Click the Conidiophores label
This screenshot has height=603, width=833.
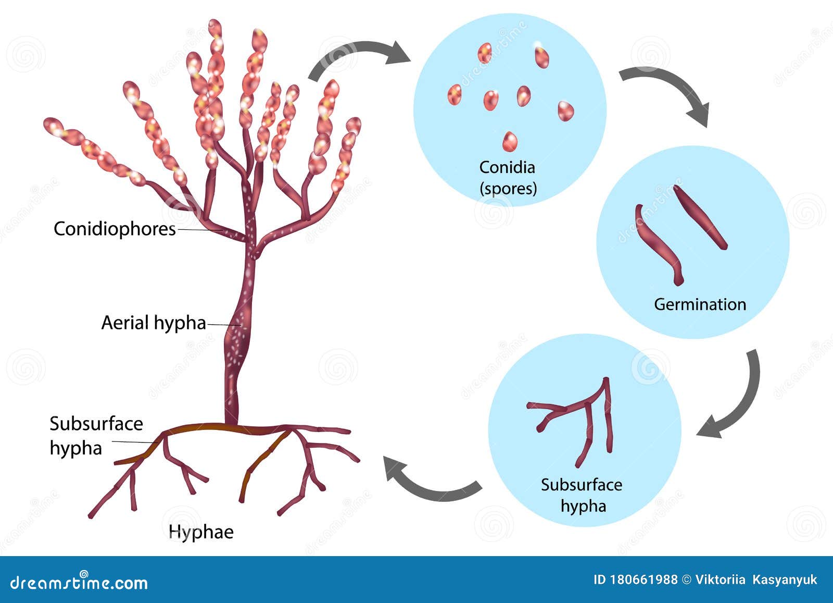pyautogui.click(x=115, y=229)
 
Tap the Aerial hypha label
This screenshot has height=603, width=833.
pyautogui.click(x=154, y=323)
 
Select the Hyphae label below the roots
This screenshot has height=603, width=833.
pyautogui.click(x=201, y=532)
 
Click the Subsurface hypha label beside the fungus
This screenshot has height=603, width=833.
pyautogui.click(x=96, y=436)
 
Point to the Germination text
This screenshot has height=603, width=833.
pyautogui.click(x=700, y=304)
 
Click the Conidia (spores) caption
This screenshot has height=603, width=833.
pyautogui.click(x=508, y=178)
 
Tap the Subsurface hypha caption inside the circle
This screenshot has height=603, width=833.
pyautogui.click(x=582, y=495)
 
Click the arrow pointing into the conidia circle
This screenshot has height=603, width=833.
pyautogui.click(x=359, y=55)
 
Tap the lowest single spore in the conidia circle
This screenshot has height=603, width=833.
pyautogui.click(x=510, y=141)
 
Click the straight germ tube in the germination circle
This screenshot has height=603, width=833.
pyautogui.click(x=700, y=217)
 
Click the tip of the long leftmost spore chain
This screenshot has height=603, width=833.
pyautogui.click(x=52, y=126)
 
